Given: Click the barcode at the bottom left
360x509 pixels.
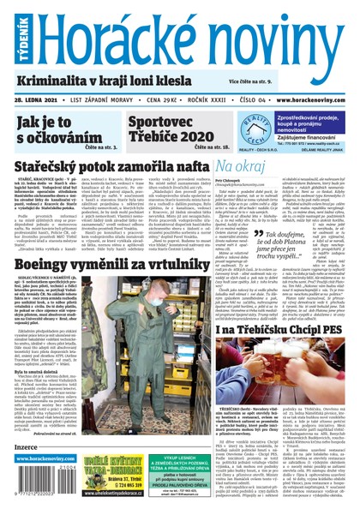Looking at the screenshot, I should point(45,484).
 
